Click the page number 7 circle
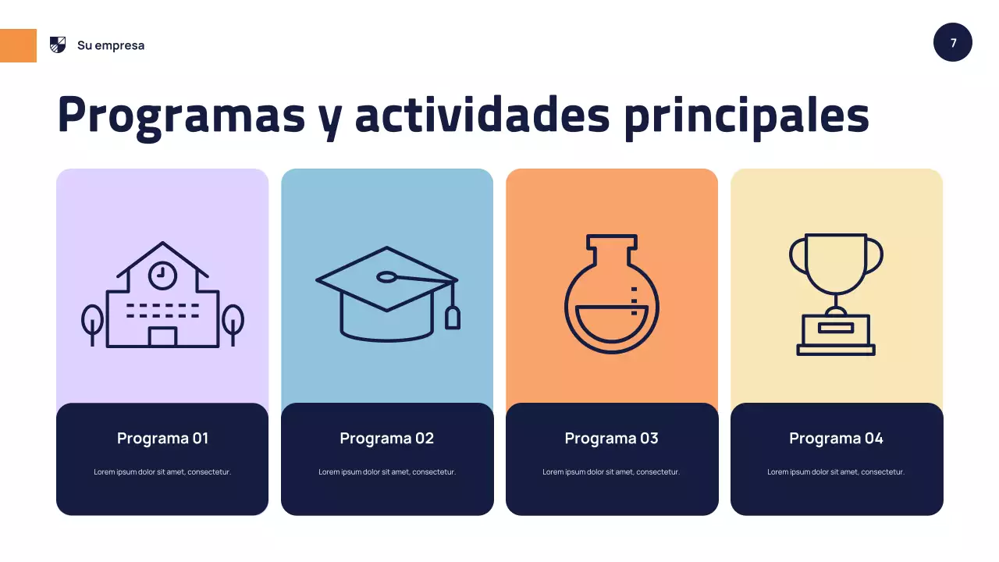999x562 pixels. coord(953,43)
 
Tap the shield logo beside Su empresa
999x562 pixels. coord(58,44)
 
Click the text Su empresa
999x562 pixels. coord(111,45)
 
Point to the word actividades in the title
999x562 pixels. coord(482,115)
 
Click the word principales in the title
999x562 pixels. coord(746,115)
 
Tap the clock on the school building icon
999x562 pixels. coord(162,273)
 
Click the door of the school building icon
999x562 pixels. coord(162,336)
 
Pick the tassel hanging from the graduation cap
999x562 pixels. coord(453,317)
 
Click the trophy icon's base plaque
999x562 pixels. coord(836,328)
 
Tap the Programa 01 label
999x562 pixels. coord(162,439)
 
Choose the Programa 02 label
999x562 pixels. coord(387,439)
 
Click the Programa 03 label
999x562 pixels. coord(612,439)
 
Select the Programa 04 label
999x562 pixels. coord(837,439)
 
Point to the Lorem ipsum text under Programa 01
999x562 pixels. coord(162,471)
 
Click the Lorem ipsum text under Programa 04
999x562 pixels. coord(837,471)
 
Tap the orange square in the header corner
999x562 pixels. coord(18,45)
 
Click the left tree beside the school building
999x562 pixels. coord(92,322)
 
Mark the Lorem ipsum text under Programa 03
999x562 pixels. coord(612,471)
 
